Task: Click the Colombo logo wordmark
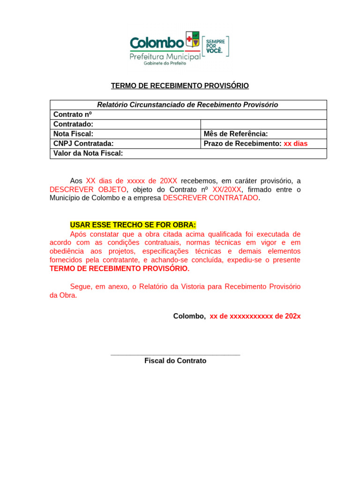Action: click(157, 43)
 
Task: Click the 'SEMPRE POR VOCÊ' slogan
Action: click(216, 46)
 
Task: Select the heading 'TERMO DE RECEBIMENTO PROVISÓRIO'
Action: click(180, 86)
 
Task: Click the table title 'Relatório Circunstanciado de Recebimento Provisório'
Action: click(187, 105)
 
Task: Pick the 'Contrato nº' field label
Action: click(73, 114)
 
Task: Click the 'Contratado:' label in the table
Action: click(74, 124)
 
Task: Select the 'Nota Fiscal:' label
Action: click(74, 134)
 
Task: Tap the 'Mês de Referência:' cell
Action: click(236, 134)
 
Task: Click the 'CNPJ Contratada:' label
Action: click(83, 143)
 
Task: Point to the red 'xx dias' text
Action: click(296, 143)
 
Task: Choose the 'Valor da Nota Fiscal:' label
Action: click(88, 153)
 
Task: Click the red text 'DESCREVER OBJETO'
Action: click(88, 189)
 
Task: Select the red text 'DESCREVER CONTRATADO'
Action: click(210, 198)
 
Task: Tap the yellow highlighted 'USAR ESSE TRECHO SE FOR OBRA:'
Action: click(133, 225)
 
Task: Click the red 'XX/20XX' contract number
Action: click(227, 189)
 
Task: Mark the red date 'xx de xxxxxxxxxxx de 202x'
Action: click(255, 316)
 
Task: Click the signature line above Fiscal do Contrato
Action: click(175, 355)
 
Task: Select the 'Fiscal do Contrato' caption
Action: click(175, 361)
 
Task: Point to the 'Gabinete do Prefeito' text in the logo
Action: click(165, 63)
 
